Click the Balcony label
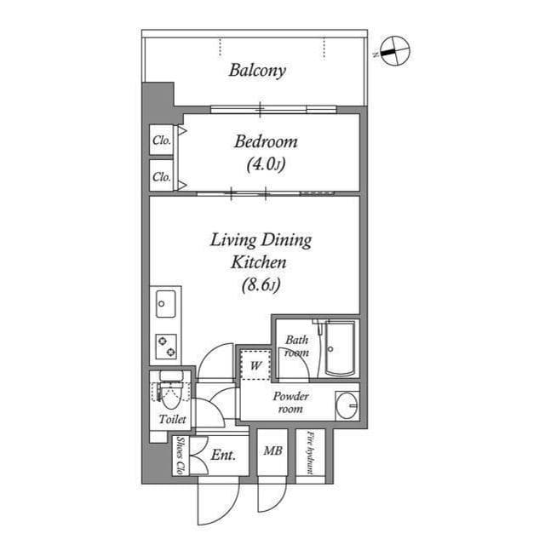256,71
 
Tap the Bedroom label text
266,142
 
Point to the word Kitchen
261,262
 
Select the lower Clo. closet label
161,178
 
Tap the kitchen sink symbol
165,302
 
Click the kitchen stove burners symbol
166,346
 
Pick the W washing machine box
255,366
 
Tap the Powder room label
291,403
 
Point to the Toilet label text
172,420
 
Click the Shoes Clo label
181,456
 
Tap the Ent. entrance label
223,456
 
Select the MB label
272,451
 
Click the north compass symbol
393,51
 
